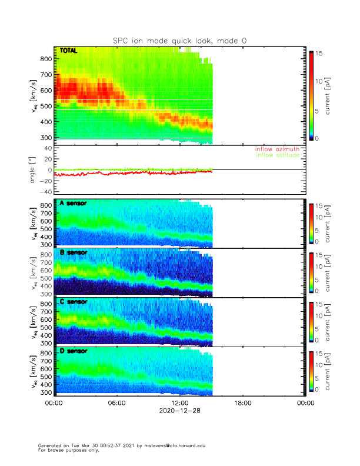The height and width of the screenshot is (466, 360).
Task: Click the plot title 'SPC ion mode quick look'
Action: [180, 41]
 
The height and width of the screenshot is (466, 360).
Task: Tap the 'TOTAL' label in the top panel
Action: [69, 51]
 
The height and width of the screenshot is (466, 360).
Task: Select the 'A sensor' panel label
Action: [73, 204]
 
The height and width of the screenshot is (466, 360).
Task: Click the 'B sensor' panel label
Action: [73, 252]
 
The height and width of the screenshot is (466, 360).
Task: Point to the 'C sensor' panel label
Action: [73, 302]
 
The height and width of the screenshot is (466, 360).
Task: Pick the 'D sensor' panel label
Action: [73, 351]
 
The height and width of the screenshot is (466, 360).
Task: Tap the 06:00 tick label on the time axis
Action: [116, 404]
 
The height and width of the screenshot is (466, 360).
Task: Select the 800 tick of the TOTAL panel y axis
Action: [45, 59]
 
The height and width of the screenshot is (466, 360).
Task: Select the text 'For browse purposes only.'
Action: [66, 451]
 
